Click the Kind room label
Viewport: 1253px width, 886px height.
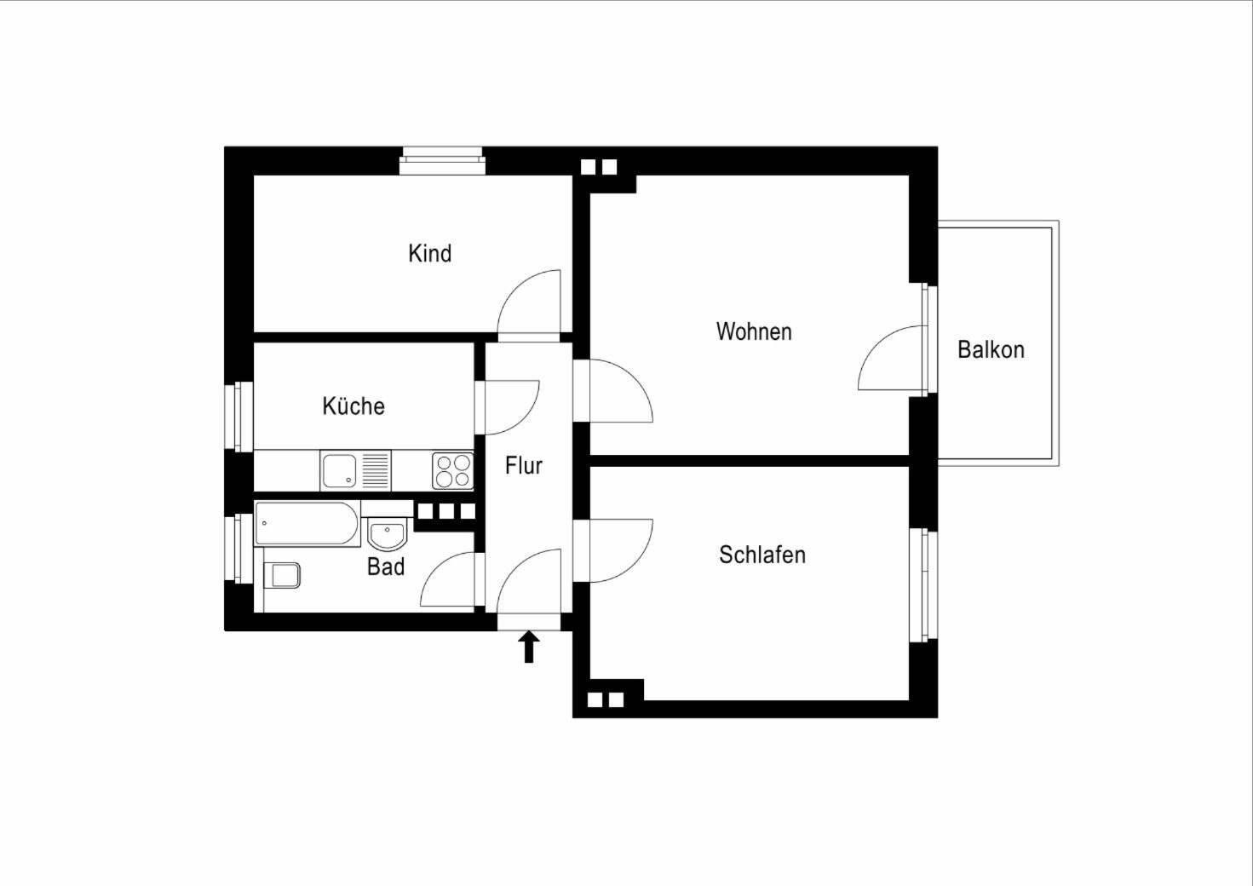429,253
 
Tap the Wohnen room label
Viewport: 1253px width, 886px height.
754,331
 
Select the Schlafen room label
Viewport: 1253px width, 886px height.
762,555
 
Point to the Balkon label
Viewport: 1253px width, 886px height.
990,349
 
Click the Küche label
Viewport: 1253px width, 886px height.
353,406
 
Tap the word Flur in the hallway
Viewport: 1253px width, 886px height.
523,465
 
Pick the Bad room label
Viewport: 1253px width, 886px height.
385,567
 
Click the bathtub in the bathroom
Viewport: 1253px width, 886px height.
308,524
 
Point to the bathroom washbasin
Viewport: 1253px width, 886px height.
388,535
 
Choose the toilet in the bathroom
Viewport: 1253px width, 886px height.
284,576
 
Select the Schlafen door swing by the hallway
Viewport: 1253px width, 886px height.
617,549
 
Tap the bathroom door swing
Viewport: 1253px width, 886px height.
450,582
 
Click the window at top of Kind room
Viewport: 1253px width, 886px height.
442,160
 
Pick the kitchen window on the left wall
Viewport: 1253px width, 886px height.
240,416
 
